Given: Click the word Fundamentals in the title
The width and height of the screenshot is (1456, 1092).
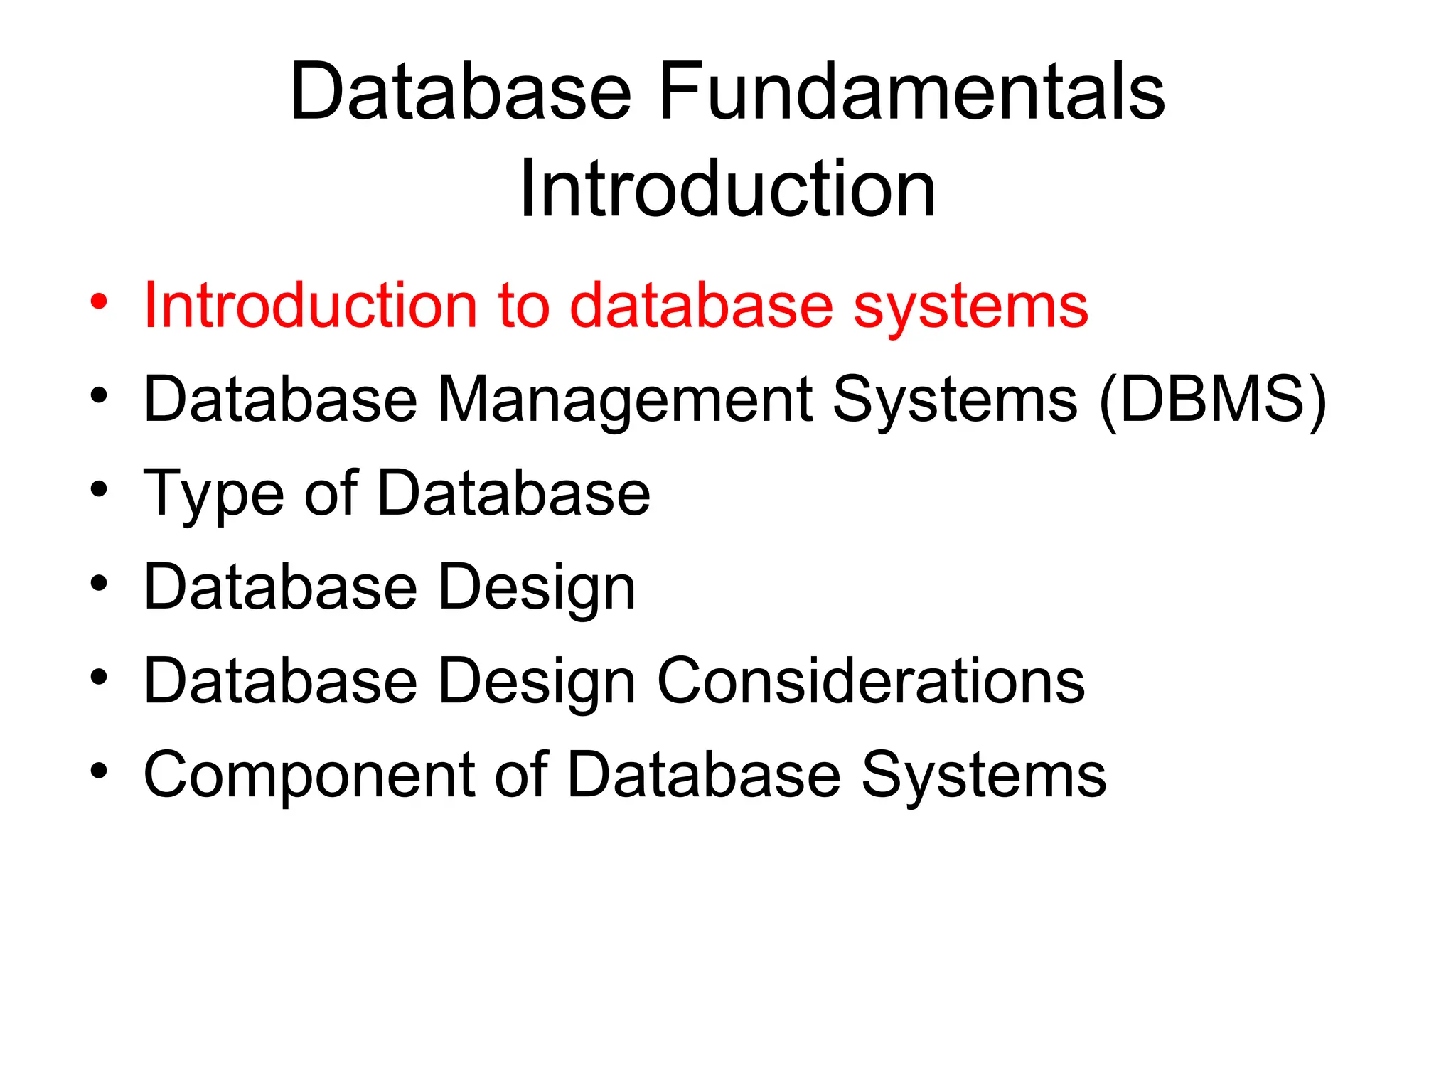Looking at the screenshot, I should pos(911,92).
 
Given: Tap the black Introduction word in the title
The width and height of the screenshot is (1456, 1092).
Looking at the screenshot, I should pos(727,189).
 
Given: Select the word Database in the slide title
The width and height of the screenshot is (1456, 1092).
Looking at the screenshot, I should pos(461,92).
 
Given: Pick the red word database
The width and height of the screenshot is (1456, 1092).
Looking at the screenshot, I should pos(701,306).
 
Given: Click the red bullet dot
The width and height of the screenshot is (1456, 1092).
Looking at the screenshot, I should pos(100,301).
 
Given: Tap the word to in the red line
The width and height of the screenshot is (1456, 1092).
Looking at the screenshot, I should pos(524,306).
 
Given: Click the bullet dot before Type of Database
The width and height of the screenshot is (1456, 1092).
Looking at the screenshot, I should pos(100,489).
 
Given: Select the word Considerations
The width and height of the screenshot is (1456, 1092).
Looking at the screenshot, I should pos(871,682).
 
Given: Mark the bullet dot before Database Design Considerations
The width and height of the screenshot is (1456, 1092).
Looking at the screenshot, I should pos(100,677).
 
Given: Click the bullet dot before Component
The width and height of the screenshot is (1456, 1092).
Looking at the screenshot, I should pos(100,771).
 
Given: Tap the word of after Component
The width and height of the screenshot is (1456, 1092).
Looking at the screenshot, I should pos(521,776).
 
